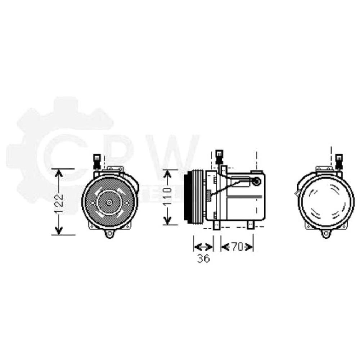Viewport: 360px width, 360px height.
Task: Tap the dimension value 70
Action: coord(237,247)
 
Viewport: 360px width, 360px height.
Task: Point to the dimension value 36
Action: coord(203,258)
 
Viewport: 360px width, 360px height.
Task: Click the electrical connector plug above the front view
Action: coord(96,161)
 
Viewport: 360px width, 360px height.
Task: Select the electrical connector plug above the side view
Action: coord(218,157)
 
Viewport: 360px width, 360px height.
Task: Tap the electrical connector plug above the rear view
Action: coord(339,161)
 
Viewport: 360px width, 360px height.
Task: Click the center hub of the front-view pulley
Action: coord(109,202)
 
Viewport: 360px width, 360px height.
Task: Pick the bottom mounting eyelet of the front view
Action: coord(109,234)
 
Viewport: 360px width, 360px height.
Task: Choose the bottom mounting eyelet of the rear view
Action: coord(326,234)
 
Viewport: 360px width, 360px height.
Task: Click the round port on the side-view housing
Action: coord(256,181)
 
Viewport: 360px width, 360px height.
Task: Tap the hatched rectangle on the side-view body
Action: coord(208,195)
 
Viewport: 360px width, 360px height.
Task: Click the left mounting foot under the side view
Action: coord(216,225)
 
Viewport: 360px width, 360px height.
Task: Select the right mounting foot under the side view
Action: coord(251,225)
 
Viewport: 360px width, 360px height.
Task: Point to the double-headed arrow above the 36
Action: coord(203,247)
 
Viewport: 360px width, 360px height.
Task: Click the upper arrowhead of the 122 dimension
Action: coord(59,173)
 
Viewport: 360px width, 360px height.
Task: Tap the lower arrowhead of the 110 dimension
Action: coord(167,220)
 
